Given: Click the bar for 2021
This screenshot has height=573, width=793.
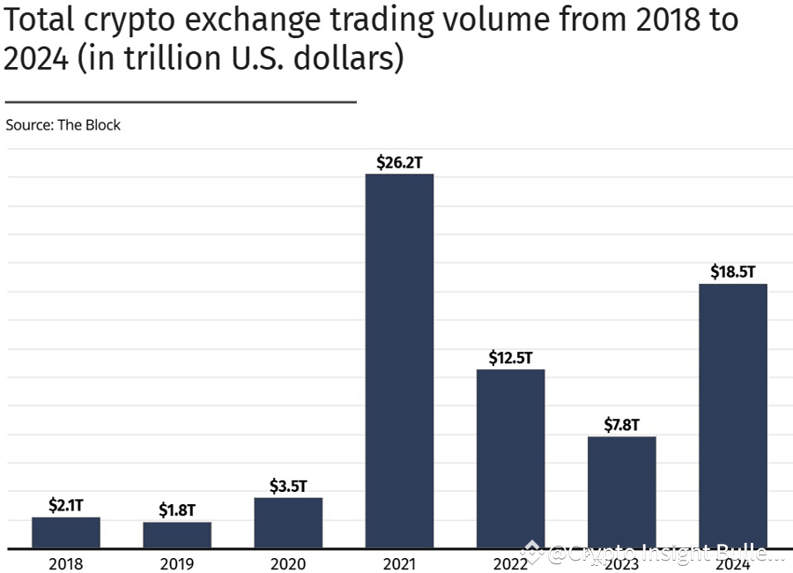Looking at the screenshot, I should point(399,361).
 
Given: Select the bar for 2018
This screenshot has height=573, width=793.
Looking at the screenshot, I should point(66,532).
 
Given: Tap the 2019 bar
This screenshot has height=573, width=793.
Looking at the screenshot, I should point(177,535).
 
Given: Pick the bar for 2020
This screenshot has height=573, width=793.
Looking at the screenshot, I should point(288,523).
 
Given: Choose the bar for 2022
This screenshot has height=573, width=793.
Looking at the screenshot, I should point(510,458).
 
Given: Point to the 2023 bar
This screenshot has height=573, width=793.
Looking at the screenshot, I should point(621,492).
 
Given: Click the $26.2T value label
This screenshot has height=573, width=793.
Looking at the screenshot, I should point(399,162).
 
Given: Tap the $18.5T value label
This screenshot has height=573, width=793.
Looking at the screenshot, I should point(732,272).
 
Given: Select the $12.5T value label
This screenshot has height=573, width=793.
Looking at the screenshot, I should point(510,358).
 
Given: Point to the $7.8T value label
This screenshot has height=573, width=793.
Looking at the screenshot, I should point(621,425).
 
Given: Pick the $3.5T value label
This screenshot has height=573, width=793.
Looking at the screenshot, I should point(288,486).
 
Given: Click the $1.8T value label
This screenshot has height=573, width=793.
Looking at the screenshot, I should point(177,510).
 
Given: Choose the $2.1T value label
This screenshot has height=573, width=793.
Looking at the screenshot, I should point(66,505).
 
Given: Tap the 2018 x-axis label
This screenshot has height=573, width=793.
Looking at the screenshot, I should point(66,562).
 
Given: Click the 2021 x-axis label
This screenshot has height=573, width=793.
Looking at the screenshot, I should point(399,562).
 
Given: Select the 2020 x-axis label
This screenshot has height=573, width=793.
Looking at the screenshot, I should point(288,562).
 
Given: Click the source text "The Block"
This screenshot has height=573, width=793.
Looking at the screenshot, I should point(89,125).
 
